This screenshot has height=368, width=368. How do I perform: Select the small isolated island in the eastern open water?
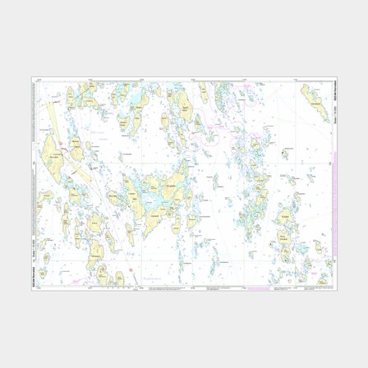coord(285,152)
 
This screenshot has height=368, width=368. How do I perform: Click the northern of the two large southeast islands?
coord(288,218)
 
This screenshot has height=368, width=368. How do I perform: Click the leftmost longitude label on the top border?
coord(85,80)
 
